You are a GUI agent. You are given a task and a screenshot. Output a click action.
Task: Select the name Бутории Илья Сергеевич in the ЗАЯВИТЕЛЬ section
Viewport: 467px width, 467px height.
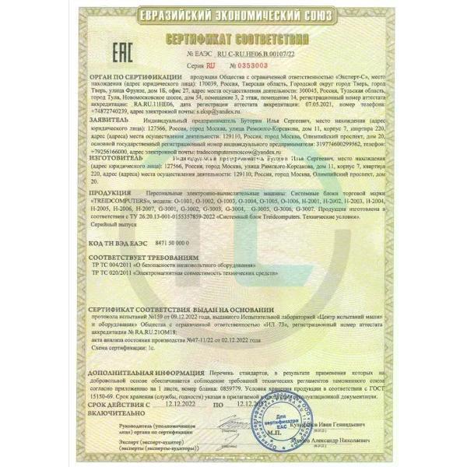[238, 121]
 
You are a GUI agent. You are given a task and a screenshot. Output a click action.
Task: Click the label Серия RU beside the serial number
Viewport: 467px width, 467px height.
[195, 68]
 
